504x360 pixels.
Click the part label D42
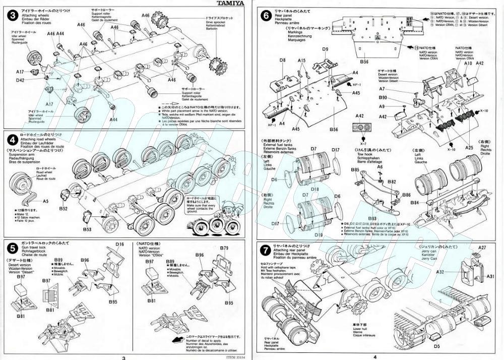pos(20,80)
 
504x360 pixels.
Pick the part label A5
pos(45,200)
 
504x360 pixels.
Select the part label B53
pos(87,229)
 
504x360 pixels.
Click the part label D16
pos(119,245)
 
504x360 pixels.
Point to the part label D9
pos(325,49)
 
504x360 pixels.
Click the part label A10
pos(468,63)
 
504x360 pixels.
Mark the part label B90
pos(383,97)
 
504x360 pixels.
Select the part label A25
pos(469,148)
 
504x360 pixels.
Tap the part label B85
pos(355,170)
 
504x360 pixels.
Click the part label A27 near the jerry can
pos(482,248)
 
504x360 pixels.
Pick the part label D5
pos(437,346)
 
